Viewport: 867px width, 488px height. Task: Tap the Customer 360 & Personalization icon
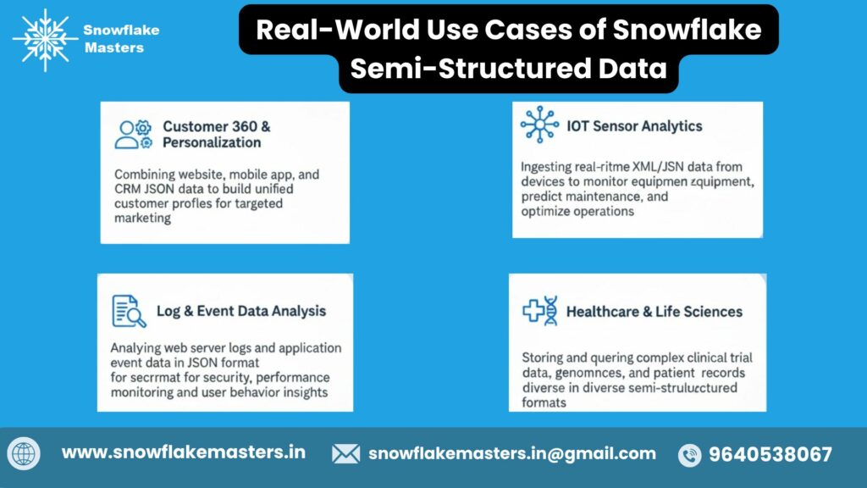(133, 135)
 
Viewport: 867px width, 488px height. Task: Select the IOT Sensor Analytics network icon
(539, 125)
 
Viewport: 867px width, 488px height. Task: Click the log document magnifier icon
(129, 311)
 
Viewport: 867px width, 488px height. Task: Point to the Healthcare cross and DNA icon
(539, 311)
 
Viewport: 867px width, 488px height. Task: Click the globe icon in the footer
(25, 454)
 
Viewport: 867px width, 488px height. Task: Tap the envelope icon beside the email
(345, 454)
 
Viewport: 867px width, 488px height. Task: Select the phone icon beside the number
(690, 455)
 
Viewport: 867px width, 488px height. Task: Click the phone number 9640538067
(770, 454)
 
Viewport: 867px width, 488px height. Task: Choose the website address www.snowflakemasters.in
(184, 452)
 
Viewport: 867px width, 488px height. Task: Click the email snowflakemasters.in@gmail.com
(512, 453)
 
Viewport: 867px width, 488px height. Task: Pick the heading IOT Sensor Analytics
(635, 126)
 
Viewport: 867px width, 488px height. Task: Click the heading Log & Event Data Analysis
(241, 311)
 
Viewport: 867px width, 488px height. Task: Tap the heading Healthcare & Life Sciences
(654, 312)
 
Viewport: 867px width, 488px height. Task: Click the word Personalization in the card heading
(212, 142)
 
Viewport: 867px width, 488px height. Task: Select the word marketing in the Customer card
(142, 218)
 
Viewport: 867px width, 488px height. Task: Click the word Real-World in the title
(323, 30)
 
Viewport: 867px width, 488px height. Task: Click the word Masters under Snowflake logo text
(114, 47)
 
